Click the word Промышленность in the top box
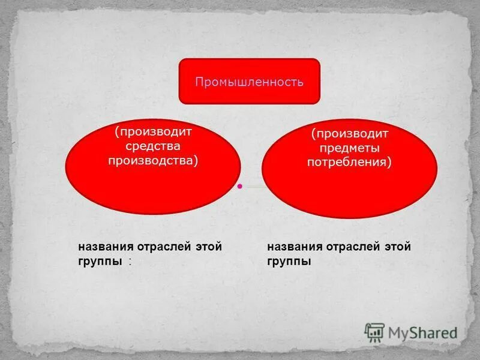pyautogui.click(x=249, y=81)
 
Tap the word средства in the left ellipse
pyautogui.click(x=152, y=146)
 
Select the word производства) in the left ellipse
pyautogui.click(x=152, y=160)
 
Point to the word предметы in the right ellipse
pyautogui.click(x=349, y=148)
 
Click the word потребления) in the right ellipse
pyautogui.click(x=349, y=162)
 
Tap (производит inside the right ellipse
pyautogui.click(x=349, y=133)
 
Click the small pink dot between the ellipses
pyautogui.click(x=239, y=187)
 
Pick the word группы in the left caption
pyautogui.click(x=100, y=262)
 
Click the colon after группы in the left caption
pyautogui.click(x=130, y=262)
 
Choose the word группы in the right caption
pyautogui.click(x=289, y=262)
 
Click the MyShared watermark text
pyautogui.click(x=423, y=332)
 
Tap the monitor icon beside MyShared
pyautogui.click(x=374, y=332)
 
